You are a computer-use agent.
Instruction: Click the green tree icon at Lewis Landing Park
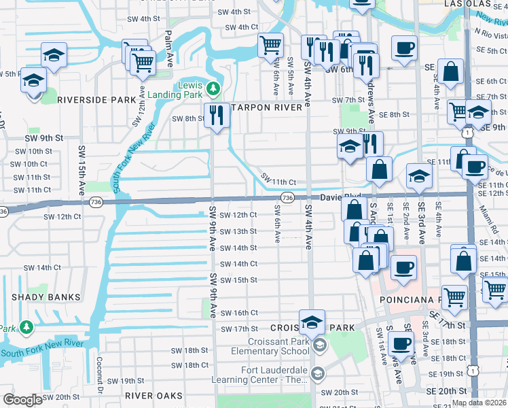click(x=213, y=88)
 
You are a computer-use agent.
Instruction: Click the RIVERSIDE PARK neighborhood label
click(x=96, y=99)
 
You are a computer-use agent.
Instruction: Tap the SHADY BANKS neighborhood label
click(x=45, y=297)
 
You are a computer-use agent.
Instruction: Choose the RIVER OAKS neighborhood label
click(x=153, y=395)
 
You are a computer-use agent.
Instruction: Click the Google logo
click(x=22, y=400)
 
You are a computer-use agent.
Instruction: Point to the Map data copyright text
click(x=479, y=403)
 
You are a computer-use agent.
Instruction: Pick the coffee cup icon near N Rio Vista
click(x=405, y=48)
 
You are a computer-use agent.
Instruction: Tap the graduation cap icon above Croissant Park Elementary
click(x=312, y=321)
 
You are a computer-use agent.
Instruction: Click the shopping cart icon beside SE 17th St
click(x=454, y=296)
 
